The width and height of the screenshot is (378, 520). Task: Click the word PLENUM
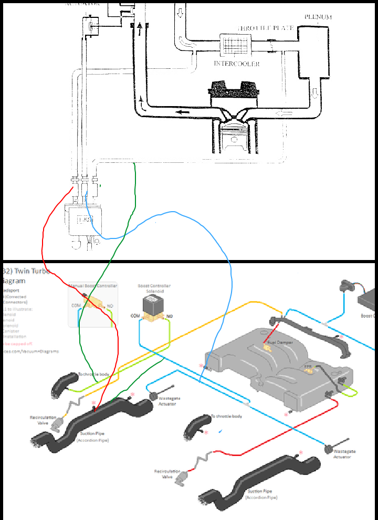(x=318, y=17)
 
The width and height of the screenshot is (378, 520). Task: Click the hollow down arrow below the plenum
(x=314, y=93)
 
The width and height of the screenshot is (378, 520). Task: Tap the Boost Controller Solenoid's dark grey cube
(x=154, y=304)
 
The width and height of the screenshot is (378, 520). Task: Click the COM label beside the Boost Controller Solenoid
(x=135, y=316)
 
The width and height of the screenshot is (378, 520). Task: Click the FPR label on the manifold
(x=308, y=366)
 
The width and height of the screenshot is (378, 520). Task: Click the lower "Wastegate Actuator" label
(x=342, y=454)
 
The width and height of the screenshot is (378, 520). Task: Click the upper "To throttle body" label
(x=93, y=374)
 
